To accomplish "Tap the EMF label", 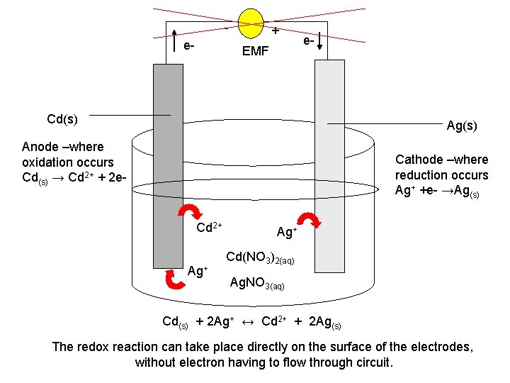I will (x=255, y=51).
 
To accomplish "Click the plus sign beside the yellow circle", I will (x=276, y=31).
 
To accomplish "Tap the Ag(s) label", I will (x=462, y=126).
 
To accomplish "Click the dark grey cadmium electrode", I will (x=168, y=177).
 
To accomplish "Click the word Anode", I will (x=39, y=147).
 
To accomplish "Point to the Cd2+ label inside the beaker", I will (x=209, y=228).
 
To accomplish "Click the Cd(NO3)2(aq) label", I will (x=260, y=257).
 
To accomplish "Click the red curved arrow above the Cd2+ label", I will (x=191, y=213).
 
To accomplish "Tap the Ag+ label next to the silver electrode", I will (x=286, y=232).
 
